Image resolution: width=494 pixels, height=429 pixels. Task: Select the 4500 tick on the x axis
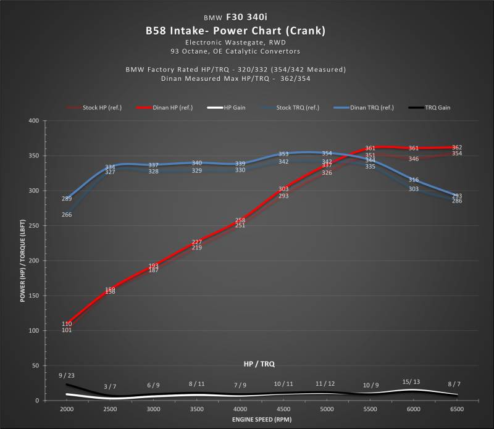pyautogui.click(x=283, y=409)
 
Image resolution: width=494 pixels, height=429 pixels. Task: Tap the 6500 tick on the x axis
pyautogui.click(x=456, y=409)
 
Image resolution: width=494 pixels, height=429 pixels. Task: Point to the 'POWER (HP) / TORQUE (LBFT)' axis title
pyautogui.click(x=23, y=260)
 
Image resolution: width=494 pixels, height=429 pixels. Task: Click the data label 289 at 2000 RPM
pyautogui.click(x=67, y=199)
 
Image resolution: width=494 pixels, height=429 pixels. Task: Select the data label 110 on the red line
pyautogui.click(x=67, y=324)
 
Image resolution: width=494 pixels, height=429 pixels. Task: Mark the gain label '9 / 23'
pyautogui.click(x=67, y=375)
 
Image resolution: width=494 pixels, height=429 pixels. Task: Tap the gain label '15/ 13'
pyautogui.click(x=411, y=381)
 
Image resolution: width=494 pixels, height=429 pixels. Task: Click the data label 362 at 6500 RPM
pyautogui.click(x=457, y=148)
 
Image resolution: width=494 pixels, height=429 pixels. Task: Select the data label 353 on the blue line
pyautogui.click(x=283, y=154)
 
